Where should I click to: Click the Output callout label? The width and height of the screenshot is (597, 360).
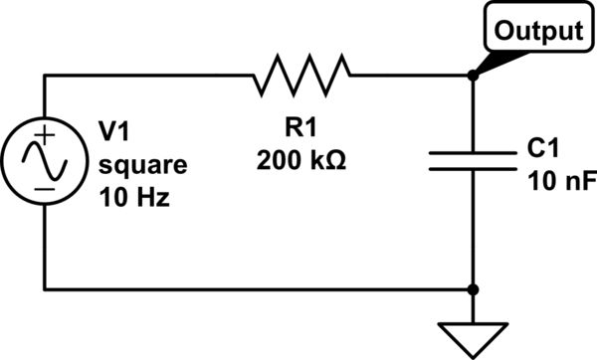538,31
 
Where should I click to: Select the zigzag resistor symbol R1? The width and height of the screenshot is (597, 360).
302,73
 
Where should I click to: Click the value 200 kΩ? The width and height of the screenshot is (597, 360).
301,158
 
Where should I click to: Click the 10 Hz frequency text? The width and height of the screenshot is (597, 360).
133,197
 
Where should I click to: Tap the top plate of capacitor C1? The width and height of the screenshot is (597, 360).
472,153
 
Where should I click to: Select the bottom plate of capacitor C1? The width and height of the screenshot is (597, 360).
472,169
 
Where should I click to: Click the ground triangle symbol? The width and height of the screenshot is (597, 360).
472,333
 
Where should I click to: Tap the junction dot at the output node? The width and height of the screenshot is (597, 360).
472,73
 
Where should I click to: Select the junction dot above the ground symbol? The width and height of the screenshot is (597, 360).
472,290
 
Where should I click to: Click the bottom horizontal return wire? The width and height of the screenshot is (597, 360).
259,290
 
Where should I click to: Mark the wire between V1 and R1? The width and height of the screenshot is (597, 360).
149,73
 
